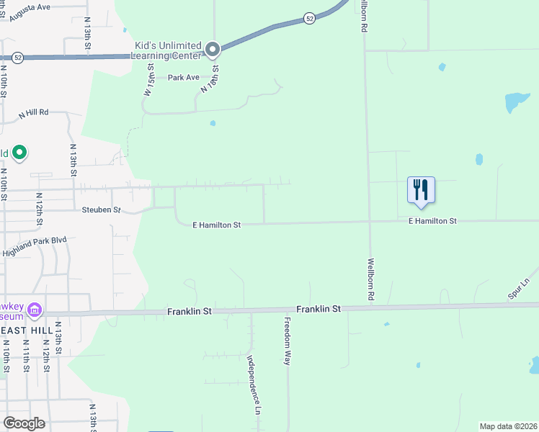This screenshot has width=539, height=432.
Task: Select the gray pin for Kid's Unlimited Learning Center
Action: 213,49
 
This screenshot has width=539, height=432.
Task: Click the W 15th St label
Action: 150,80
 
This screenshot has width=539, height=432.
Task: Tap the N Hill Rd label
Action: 33,112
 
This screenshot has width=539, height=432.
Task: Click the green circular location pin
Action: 20,153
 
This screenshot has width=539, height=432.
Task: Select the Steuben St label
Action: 101,210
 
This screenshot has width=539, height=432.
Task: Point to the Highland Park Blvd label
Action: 35,246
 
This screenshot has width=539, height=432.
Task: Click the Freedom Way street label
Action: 287,341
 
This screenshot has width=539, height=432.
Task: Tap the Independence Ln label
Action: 253,385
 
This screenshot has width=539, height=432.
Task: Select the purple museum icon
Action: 35,311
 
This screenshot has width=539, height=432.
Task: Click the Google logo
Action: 24,423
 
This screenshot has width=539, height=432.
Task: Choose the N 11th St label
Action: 25,357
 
